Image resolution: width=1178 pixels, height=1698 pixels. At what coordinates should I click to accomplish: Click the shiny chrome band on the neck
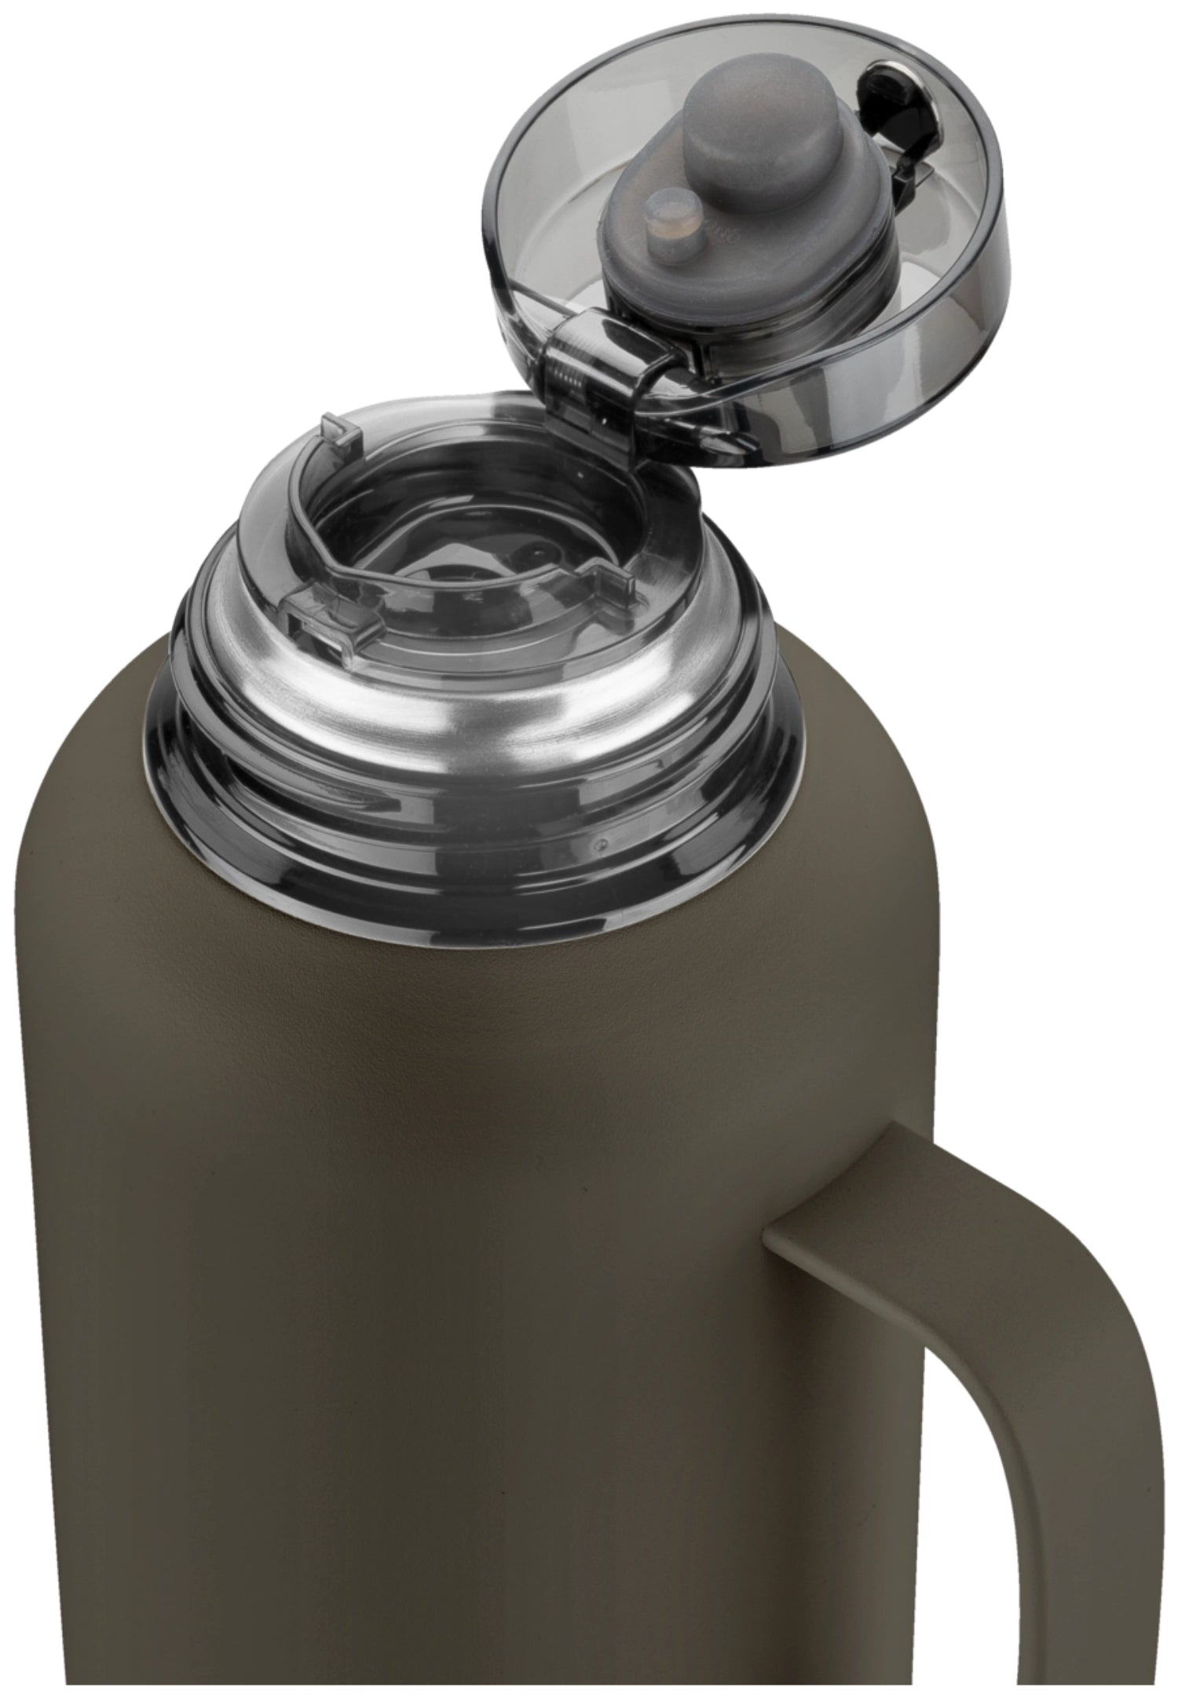[x=471, y=699]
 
